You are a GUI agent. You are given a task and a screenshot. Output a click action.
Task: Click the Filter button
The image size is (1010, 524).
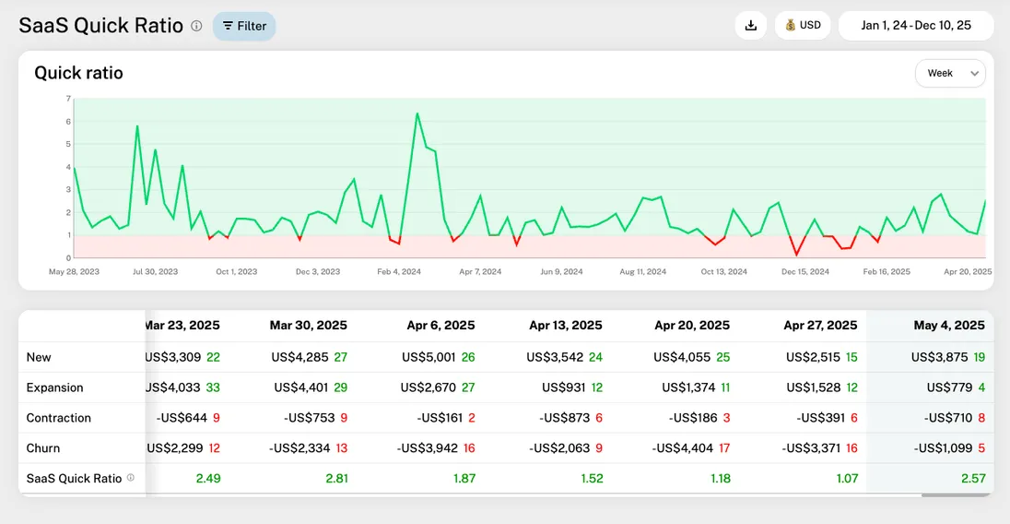click(244, 26)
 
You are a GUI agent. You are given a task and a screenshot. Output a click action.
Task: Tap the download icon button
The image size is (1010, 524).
click(750, 26)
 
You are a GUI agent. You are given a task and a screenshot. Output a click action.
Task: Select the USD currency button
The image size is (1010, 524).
click(803, 26)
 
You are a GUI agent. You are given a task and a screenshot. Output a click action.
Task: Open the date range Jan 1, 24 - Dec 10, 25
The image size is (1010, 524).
click(915, 26)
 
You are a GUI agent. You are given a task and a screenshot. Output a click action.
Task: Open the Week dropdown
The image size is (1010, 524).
click(949, 73)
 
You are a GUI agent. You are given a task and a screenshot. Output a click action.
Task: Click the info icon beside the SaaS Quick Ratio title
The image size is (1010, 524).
click(196, 26)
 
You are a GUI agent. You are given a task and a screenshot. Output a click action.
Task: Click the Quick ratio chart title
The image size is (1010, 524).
click(78, 73)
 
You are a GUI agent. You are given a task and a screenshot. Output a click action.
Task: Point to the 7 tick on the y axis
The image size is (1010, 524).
click(68, 99)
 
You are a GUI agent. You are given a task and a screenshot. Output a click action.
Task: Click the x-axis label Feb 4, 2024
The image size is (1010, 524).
click(399, 272)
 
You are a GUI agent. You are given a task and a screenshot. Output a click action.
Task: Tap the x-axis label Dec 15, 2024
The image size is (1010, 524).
click(805, 272)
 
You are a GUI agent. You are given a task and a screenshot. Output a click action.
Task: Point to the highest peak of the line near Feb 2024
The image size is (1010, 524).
click(417, 113)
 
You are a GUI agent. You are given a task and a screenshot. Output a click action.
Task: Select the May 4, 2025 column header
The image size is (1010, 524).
click(949, 325)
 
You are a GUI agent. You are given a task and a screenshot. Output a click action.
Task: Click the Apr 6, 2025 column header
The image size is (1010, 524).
click(440, 325)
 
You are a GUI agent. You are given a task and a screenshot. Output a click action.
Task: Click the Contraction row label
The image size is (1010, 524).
click(58, 418)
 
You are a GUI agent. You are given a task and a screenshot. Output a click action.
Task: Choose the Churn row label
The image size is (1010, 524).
click(43, 448)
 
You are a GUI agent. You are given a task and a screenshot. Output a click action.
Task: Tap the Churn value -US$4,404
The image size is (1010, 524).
click(684, 448)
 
